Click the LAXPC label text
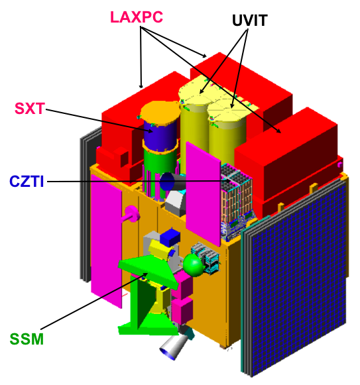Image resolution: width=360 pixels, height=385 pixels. pyautogui.click(x=137, y=17)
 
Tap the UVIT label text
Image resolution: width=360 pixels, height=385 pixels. pyautogui.click(x=249, y=21)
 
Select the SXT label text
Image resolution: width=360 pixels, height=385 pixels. pyautogui.click(x=30, y=109)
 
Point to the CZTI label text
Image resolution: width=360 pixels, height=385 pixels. pyautogui.click(x=27, y=182)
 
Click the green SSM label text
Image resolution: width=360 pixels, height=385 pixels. pyautogui.click(x=27, y=339)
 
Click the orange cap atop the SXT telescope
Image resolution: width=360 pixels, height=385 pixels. pyautogui.click(x=160, y=112)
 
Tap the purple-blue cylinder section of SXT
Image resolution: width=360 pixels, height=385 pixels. pyautogui.click(x=160, y=136)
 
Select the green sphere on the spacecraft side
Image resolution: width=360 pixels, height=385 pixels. pyautogui.click(x=194, y=264)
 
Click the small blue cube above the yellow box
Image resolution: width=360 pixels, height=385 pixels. pyautogui.click(x=170, y=237)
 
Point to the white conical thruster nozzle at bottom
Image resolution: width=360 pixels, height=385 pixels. pyautogui.click(x=174, y=346)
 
